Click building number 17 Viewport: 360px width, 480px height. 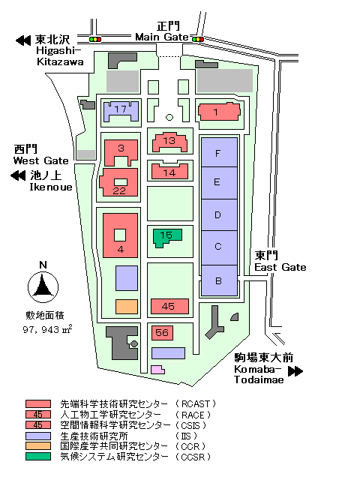pos(121,112)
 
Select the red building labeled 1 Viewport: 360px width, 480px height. pos(219,112)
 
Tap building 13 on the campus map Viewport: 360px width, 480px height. pos(170,142)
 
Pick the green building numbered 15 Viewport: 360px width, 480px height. pos(166,238)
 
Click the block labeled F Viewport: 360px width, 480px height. pos(219,152)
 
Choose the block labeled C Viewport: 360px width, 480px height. pos(219,247)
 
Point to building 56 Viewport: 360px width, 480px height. pos(162,333)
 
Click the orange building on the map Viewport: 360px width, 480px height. pos(127,307)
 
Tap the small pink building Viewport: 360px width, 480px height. pos(157,370)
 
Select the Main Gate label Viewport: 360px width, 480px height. pos(162,37)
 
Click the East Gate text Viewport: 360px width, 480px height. pos(280,267)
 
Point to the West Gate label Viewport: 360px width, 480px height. pos(40,160)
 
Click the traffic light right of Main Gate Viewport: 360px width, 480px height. pos(198,39)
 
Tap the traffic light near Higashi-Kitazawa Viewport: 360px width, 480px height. pos(95,39)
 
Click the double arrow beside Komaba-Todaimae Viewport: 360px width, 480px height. pos(295,371)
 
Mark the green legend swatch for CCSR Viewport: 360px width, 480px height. pos(38,457)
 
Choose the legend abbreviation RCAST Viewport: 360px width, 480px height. pos(195,404)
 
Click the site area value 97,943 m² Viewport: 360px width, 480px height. pos(47,329)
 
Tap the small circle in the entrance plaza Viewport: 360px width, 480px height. pos(169,117)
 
